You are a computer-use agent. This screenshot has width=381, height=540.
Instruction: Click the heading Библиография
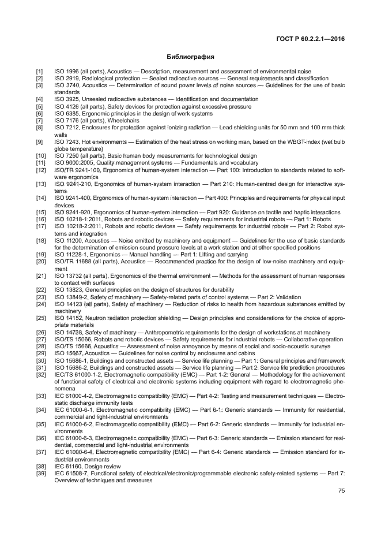tap(190, 58)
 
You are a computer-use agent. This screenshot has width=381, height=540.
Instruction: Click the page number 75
tap(341, 491)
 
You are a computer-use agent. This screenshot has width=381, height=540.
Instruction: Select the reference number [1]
tap(39, 71)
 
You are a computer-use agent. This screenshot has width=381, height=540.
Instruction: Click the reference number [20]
tap(41, 261)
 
